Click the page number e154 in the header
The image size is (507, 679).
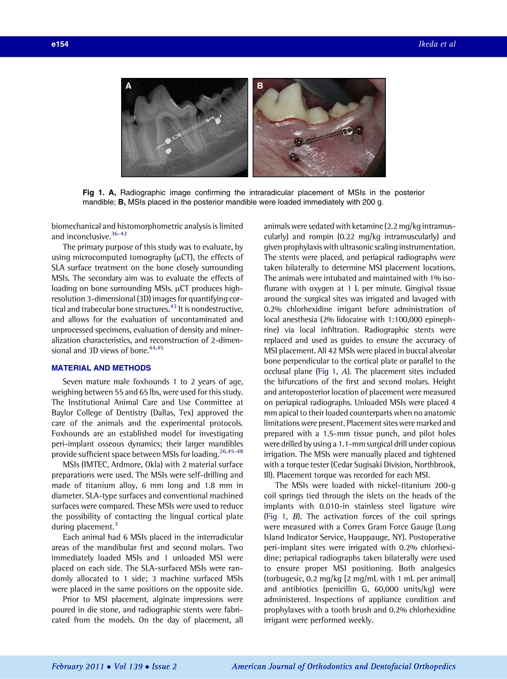[x=60, y=45]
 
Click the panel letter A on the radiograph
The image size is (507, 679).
[x=129, y=85]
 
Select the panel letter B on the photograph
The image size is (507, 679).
[x=260, y=85]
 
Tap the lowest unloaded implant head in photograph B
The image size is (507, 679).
[x=293, y=157]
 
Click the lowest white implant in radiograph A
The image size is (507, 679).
[x=169, y=152]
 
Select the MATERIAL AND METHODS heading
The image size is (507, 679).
[x=101, y=368]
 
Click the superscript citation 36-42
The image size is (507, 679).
[x=119, y=233]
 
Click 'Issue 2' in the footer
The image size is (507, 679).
[x=164, y=666]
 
